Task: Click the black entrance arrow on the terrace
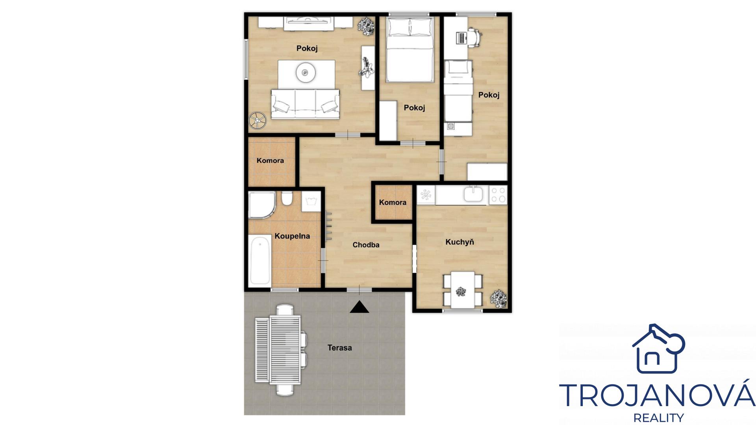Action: pos(359,307)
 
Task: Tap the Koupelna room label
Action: pos(292,236)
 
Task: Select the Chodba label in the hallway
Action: pos(366,245)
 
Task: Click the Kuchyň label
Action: pos(460,242)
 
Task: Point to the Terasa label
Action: pos(340,348)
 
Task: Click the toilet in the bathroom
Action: pos(287,198)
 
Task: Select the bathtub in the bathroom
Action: pos(260,260)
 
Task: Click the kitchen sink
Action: pos(475,194)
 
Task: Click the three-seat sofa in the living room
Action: pos(305,104)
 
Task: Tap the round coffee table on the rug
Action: pos(305,72)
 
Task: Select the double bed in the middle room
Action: pos(410,50)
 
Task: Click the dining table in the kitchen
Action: pos(463,290)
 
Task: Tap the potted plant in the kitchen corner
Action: pos(498,298)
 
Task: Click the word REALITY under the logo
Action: pos(658,418)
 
